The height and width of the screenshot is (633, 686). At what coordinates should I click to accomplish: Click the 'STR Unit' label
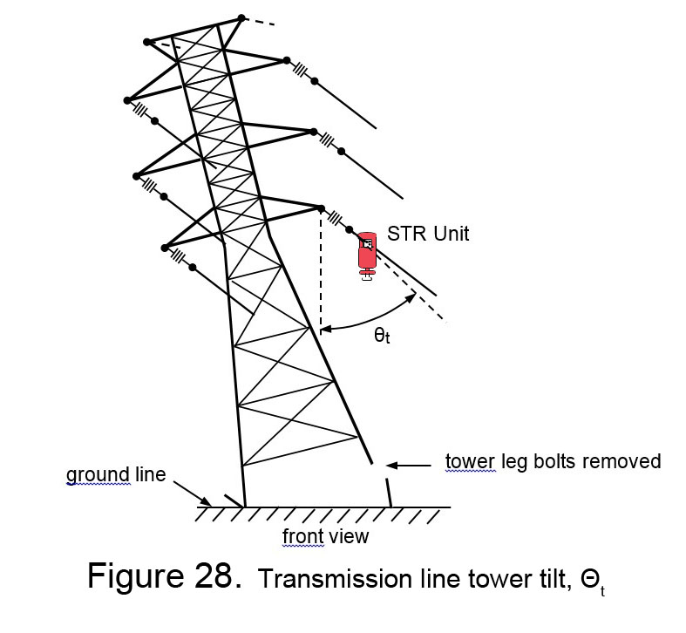(428, 234)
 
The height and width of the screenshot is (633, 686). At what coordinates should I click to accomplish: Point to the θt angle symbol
(382, 336)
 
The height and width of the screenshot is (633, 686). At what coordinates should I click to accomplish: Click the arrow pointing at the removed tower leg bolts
(409, 466)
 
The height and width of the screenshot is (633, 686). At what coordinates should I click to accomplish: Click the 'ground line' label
(116, 475)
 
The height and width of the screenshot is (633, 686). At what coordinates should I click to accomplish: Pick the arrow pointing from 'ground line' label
(193, 494)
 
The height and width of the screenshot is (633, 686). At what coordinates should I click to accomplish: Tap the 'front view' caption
(325, 536)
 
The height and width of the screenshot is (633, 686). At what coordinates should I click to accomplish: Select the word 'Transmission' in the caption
(335, 579)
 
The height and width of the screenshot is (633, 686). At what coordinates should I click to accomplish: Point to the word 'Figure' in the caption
(136, 577)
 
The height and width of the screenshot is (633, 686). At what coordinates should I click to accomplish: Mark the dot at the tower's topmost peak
(241, 18)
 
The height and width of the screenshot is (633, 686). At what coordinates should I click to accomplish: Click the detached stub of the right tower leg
(388, 493)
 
